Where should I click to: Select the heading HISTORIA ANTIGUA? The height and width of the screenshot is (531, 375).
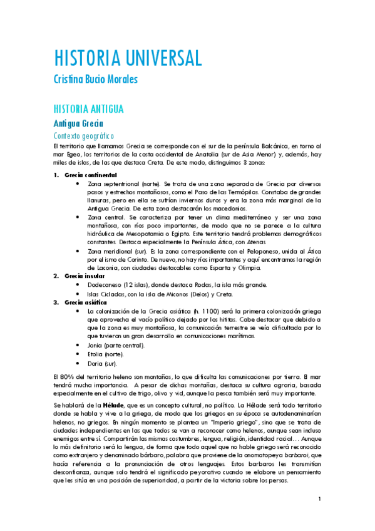(x=88, y=108)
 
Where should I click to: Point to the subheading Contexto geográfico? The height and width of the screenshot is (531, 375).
(x=83, y=135)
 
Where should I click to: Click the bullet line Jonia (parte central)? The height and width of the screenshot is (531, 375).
(x=116, y=345)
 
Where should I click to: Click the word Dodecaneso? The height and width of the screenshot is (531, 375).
(x=107, y=284)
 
